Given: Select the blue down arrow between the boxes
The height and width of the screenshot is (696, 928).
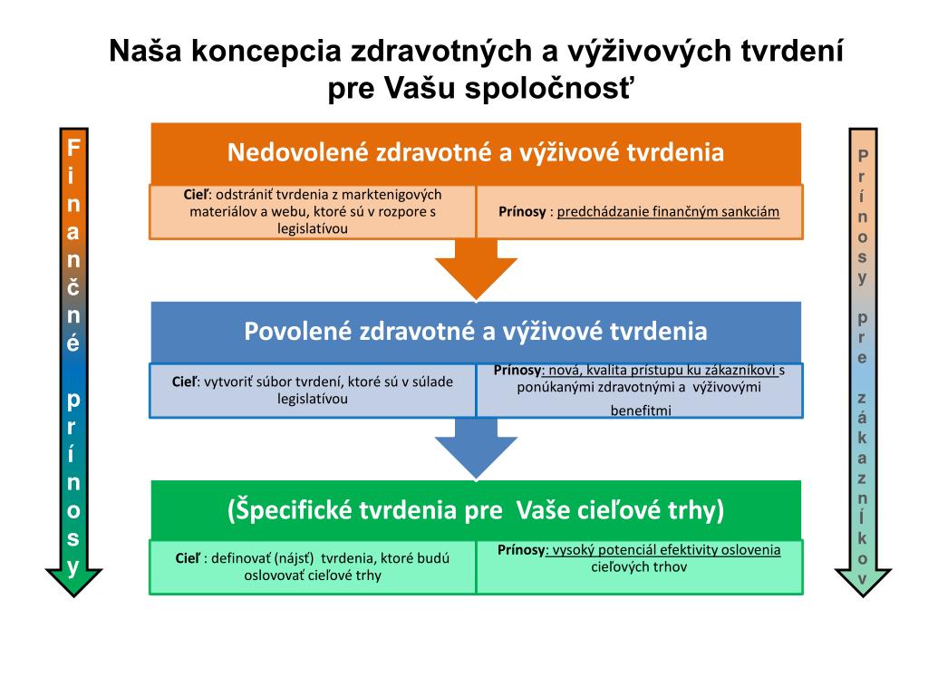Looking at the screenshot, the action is pyautogui.click(x=476, y=449).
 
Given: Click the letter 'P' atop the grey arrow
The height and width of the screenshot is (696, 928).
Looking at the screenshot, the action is pyautogui.click(x=863, y=156).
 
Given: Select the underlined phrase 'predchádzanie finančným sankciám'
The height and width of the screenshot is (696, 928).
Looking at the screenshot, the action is pyautogui.click(x=668, y=212).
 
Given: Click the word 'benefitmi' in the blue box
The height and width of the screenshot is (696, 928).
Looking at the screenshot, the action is pyautogui.click(x=640, y=410).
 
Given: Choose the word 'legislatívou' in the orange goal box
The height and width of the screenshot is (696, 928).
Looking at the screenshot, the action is pyautogui.click(x=313, y=228).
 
